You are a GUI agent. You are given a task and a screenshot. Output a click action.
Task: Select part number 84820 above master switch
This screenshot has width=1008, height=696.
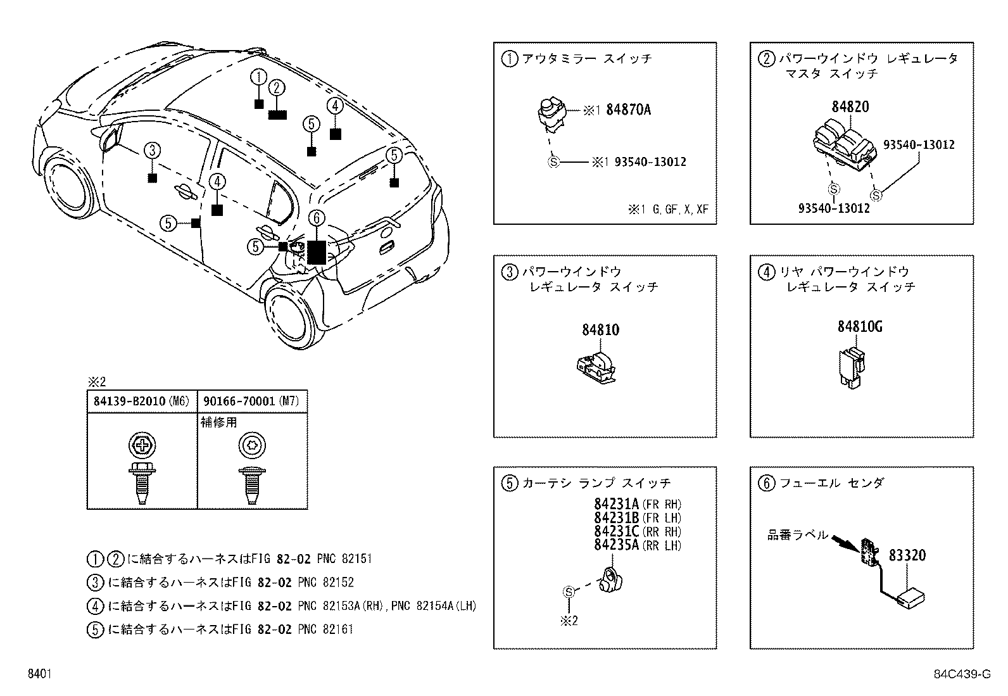(850, 106)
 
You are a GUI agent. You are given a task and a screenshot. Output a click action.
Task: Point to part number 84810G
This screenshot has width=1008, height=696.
(859, 327)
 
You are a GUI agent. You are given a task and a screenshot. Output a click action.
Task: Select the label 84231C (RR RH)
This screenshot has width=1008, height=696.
(637, 531)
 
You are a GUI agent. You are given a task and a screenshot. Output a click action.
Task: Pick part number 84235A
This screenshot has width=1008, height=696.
(617, 545)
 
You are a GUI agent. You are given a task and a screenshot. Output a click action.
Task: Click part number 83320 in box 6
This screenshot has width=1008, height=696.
(907, 555)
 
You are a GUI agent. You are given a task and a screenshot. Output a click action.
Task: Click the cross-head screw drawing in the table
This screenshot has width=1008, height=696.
(141, 469)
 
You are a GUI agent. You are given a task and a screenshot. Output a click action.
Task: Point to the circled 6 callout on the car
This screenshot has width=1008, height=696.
(317, 218)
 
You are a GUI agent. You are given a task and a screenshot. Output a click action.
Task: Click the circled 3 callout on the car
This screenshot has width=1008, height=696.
(152, 151)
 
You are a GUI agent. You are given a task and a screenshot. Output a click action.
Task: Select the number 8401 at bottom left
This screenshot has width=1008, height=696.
(39, 674)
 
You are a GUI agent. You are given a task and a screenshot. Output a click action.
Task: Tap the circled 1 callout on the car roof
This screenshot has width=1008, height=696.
(258, 77)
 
